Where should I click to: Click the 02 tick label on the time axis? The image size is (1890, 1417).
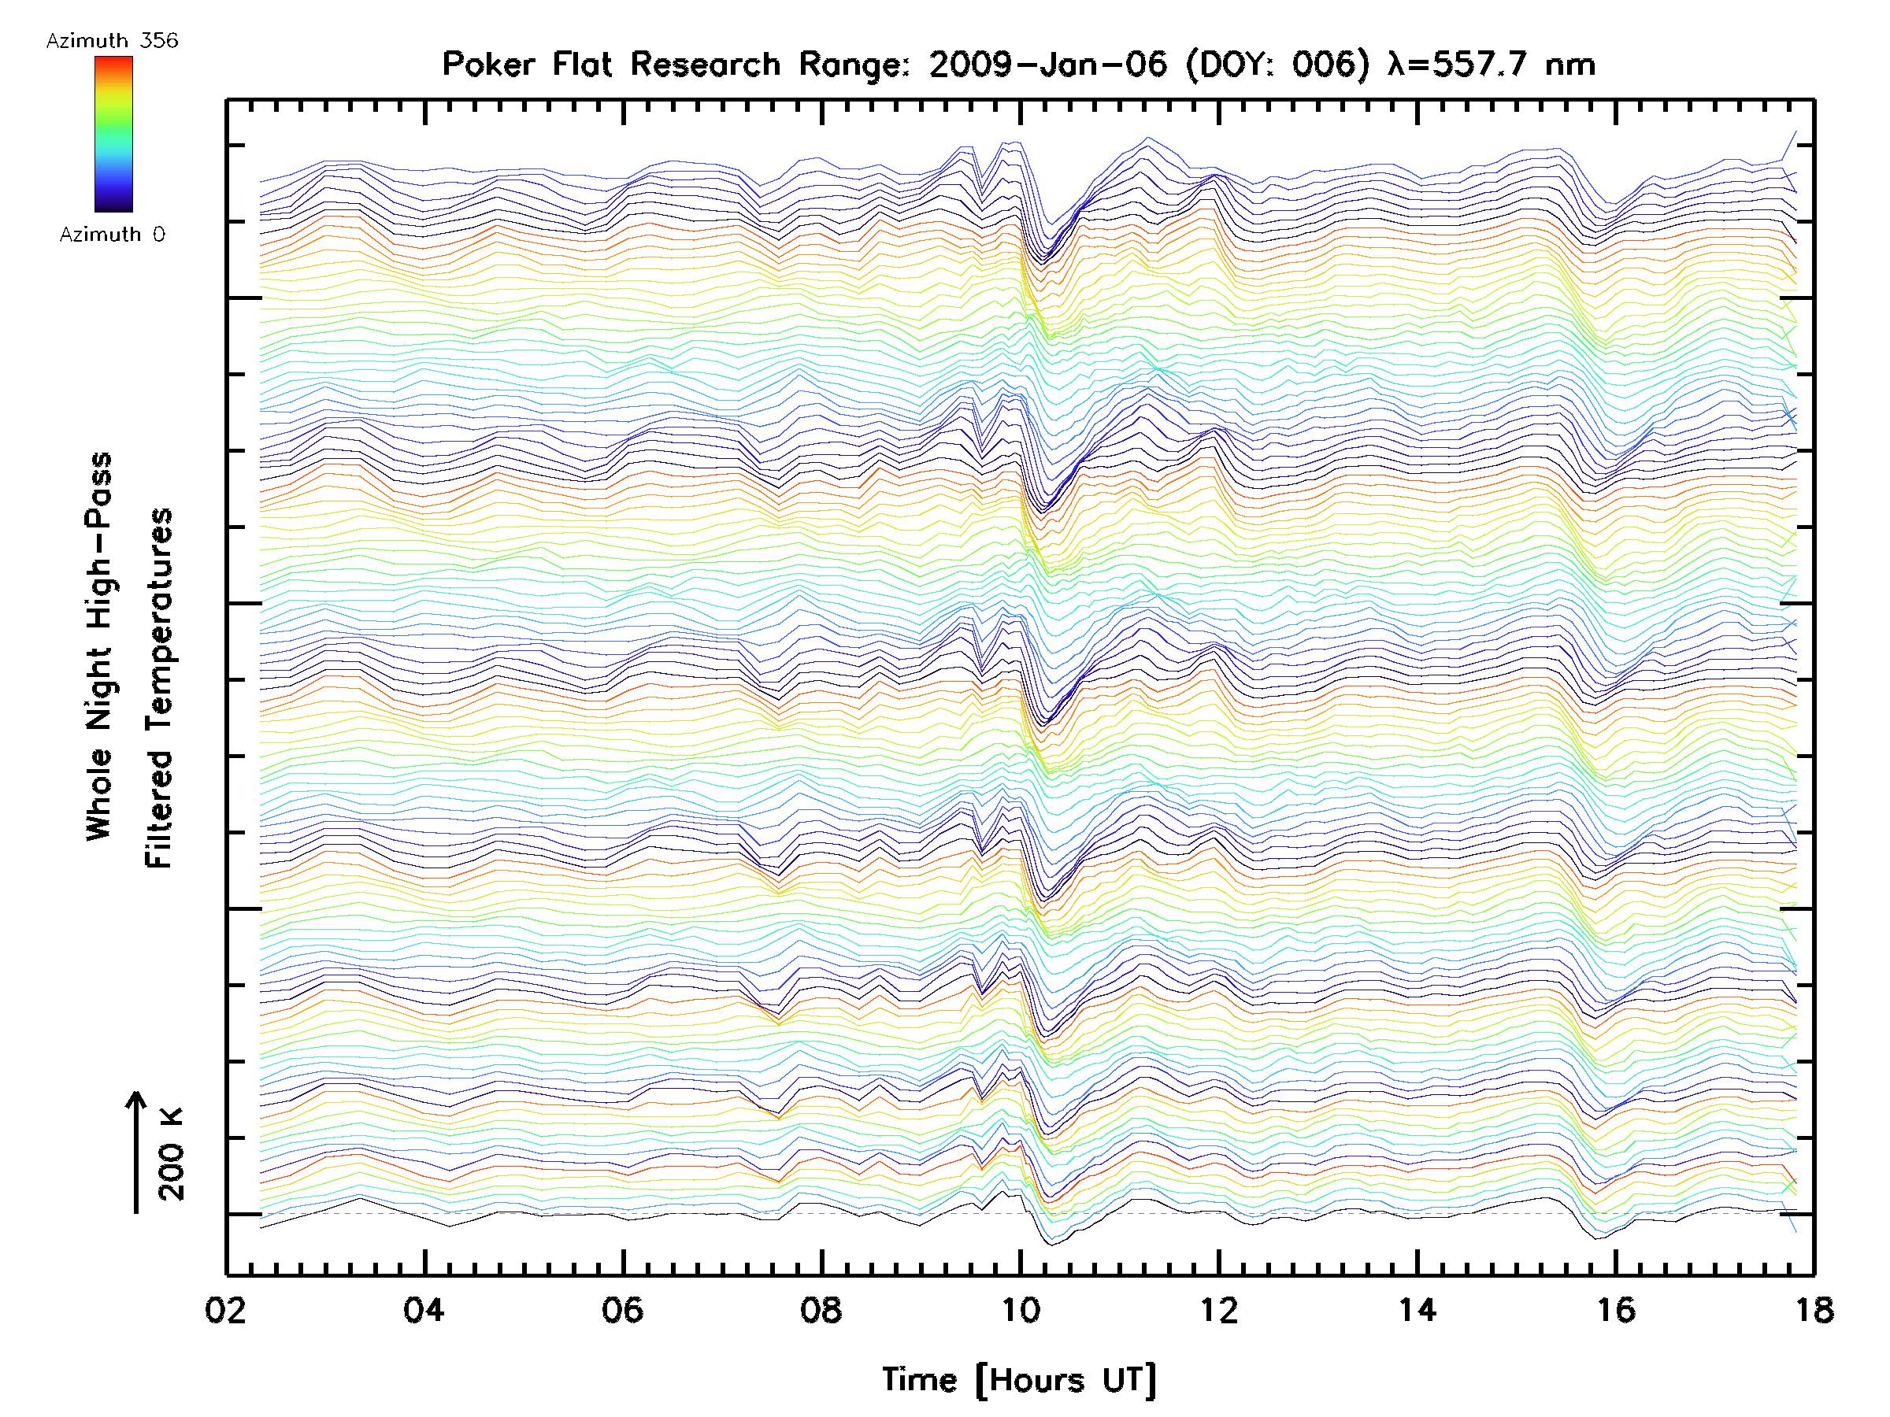click(225, 1309)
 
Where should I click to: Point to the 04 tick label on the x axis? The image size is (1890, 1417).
click(424, 1309)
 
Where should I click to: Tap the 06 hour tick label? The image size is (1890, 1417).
click(622, 1309)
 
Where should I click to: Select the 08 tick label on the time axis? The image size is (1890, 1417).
click(821, 1309)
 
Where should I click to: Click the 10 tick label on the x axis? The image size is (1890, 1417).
click(1019, 1309)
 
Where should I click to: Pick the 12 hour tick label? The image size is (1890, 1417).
click(1218, 1309)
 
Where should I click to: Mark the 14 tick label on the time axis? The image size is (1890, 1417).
click(1417, 1309)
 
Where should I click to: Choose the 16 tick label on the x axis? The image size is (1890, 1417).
click(1616, 1309)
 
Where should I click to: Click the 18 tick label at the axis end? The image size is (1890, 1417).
click(1813, 1309)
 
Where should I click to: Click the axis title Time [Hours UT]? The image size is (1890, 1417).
click(1019, 1380)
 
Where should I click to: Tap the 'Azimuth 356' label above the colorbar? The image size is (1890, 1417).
click(112, 41)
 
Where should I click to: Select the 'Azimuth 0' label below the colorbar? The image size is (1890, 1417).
click(112, 234)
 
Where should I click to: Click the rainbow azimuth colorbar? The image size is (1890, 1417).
click(113, 134)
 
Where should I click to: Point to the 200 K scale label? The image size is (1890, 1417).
click(171, 1153)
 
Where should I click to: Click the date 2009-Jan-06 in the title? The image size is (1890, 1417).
click(1047, 65)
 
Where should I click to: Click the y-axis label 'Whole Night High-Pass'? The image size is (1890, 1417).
click(99, 646)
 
